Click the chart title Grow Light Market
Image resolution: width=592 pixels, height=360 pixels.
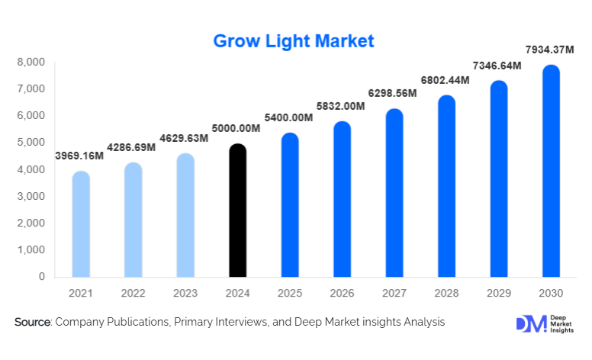point(294,40)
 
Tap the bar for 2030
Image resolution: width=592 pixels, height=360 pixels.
point(551,171)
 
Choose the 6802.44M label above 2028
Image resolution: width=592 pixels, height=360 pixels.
point(446,81)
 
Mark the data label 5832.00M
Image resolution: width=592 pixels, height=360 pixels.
point(341,107)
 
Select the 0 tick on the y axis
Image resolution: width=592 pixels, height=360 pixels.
point(41,277)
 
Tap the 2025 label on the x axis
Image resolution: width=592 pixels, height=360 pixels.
point(290,293)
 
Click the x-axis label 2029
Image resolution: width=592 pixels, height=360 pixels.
point(499,293)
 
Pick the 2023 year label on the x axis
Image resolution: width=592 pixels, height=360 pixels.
point(185,293)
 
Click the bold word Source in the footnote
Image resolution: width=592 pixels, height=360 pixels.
point(32,323)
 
